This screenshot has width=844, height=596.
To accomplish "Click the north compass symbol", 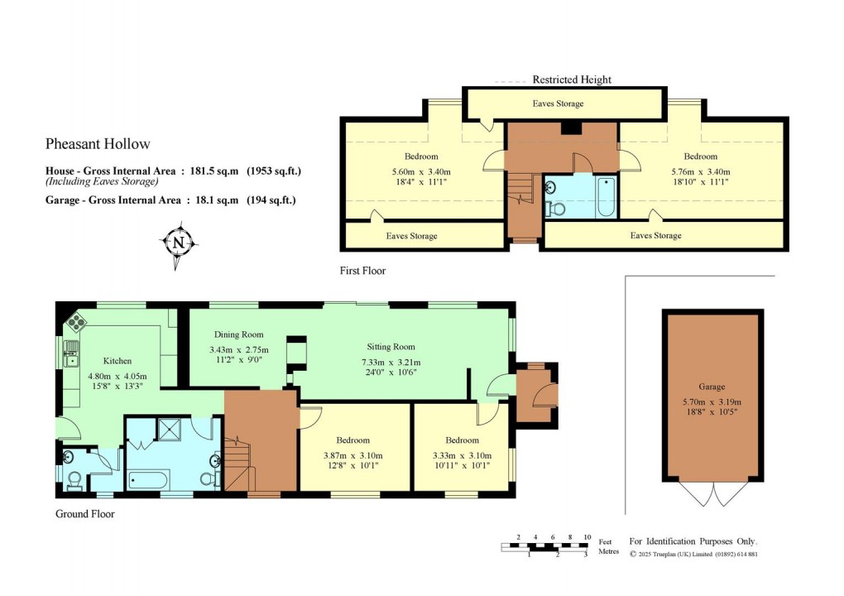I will coord(178,243).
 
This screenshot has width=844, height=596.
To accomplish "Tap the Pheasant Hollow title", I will coord(98,144).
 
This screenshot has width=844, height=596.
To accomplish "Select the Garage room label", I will coord(712,387).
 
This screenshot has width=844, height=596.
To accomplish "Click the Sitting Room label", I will coord(391,347).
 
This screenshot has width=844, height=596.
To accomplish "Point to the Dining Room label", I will coord(238,334).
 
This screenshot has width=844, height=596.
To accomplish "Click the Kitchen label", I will coord(117,361).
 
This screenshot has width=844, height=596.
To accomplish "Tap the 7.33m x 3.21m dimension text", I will coord(391,362).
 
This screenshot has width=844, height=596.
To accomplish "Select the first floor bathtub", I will coord(607,197).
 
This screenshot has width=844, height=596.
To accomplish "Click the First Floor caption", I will coord(362,271).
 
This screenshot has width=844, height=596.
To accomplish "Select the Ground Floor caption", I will coord(84,514).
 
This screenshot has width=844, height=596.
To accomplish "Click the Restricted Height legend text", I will coord(572,79).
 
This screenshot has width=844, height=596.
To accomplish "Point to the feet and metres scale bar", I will coord(545,546).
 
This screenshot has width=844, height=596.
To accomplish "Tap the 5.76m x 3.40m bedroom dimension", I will coord(700,172).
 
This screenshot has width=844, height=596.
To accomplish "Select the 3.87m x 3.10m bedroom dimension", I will coord(352,455).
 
